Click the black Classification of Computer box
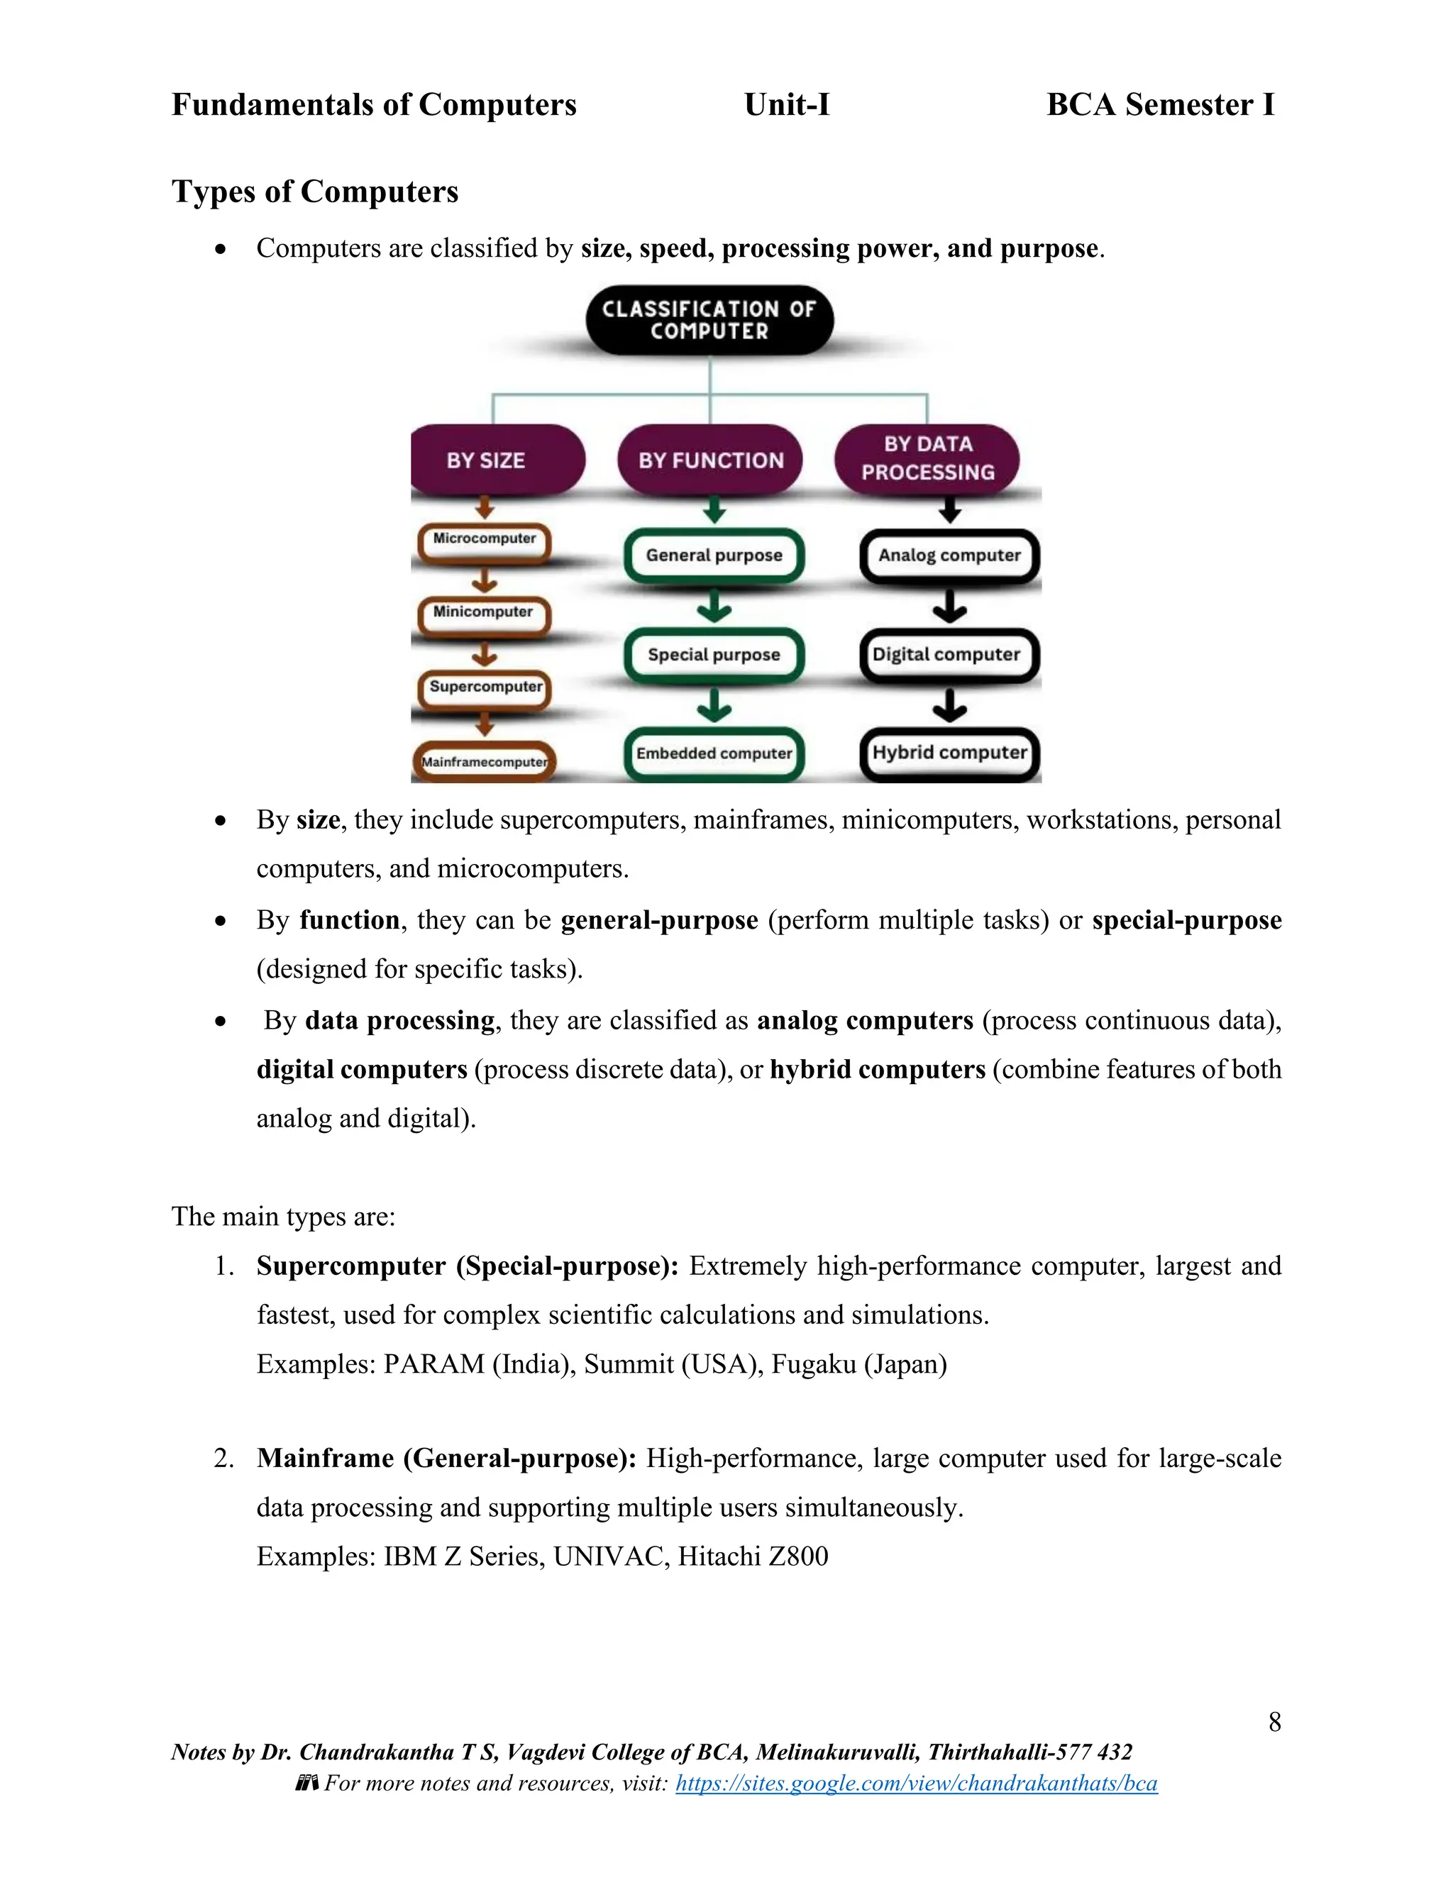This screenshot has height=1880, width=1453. [x=709, y=320]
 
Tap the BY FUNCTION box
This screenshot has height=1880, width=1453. [x=710, y=460]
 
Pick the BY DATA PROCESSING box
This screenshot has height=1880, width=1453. [x=927, y=458]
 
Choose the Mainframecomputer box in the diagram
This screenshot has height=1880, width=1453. [x=485, y=762]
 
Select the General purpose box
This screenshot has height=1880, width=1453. [x=714, y=556]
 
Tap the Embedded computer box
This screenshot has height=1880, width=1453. [x=714, y=754]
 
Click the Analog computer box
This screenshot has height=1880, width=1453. [x=949, y=556]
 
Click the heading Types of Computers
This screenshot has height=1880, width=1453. [x=315, y=191]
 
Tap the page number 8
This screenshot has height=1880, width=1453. [x=1274, y=1722]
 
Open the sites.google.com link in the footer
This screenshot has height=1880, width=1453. [x=916, y=1783]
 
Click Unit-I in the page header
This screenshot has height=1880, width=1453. [x=787, y=105]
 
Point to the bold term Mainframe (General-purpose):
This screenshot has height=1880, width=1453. [x=447, y=1458]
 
